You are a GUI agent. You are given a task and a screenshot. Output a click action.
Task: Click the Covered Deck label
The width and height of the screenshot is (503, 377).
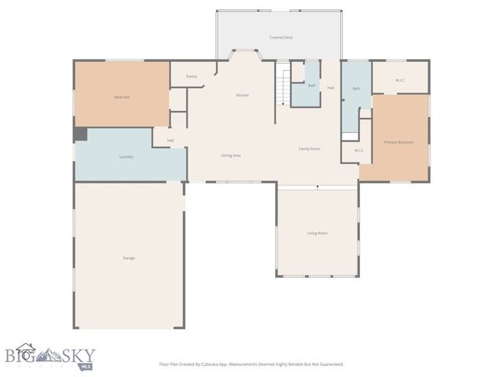[x=280, y=37]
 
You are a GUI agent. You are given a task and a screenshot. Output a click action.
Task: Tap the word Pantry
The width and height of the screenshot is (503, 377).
[x=192, y=76]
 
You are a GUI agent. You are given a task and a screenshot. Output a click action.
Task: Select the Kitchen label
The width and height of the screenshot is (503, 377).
[x=243, y=95]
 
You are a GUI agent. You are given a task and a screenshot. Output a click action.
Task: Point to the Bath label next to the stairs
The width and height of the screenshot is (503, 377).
[x=311, y=85]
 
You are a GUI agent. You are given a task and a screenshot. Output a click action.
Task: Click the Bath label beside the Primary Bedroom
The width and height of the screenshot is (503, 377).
[x=356, y=88]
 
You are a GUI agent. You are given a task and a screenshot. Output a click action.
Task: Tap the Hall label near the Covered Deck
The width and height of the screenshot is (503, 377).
[x=331, y=87]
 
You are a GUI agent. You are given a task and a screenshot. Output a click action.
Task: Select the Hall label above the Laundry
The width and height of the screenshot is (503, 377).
[x=170, y=141]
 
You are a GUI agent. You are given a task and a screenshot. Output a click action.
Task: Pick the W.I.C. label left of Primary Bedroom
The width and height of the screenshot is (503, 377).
[x=358, y=150]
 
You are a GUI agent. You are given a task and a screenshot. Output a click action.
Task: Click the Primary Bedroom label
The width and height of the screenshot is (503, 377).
[x=398, y=142]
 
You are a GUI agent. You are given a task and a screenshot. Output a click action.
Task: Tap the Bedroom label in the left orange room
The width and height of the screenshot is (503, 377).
[x=122, y=97]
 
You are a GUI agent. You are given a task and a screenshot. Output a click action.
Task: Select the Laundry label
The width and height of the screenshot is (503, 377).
[x=126, y=156]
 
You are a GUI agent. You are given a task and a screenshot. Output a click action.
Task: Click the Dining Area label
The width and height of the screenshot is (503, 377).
[x=230, y=156]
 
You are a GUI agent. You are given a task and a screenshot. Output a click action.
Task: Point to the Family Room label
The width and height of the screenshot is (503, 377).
[x=309, y=148]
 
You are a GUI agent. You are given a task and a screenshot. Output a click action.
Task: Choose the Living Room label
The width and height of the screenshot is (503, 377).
[x=317, y=232]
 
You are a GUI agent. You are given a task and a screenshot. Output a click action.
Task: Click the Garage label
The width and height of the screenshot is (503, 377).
[x=128, y=258]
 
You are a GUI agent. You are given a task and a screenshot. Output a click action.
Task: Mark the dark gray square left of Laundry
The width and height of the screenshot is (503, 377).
[x=80, y=135]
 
